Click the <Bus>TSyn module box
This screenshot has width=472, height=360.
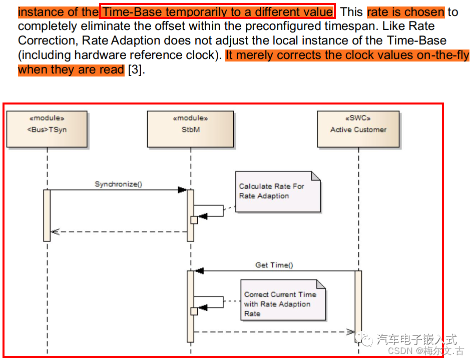[x=47, y=129]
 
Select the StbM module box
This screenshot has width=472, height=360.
[x=190, y=129]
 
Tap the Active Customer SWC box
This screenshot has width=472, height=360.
[x=358, y=129]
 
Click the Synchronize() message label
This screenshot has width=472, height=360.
[x=119, y=184]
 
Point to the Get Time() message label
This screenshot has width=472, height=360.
[x=274, y=265]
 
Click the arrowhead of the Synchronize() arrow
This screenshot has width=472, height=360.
[x=182, y=190]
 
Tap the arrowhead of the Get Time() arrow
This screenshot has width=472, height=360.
[x=199, y=271]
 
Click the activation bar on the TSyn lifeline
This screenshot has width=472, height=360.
[x=47, y=215]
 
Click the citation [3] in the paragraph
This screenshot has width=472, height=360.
[x=136, y=69]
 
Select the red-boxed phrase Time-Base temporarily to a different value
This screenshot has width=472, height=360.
[x=217, y=11]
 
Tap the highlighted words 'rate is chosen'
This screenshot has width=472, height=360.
[x=405, y=11]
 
